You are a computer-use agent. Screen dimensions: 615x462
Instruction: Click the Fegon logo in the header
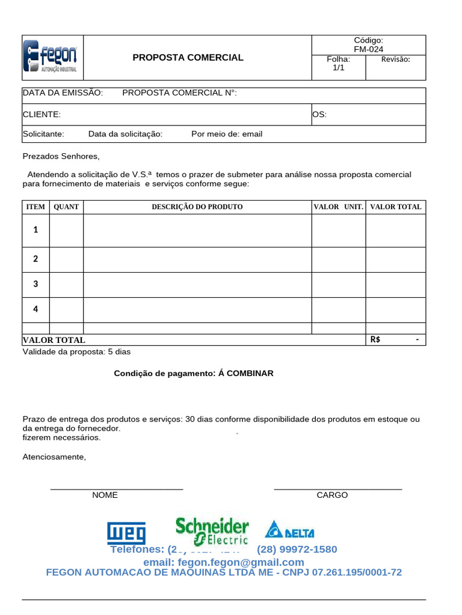[51, 58]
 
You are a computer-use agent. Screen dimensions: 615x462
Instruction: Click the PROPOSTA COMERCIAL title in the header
[188, 58]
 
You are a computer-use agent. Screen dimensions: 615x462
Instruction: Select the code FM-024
[368, 49]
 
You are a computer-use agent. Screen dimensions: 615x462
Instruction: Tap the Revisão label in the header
[396, 59]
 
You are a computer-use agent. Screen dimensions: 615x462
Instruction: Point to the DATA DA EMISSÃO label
[63, 92]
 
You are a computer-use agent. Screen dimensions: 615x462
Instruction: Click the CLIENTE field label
[42, 114]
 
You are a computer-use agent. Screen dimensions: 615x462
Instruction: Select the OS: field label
[319, 114]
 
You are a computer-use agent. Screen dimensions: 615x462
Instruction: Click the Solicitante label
[43, 134]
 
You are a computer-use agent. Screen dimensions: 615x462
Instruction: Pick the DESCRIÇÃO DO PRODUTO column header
[197, 207]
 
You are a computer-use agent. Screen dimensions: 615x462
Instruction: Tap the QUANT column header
[66, 207]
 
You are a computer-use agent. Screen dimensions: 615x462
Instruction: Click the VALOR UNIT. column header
[338, 207]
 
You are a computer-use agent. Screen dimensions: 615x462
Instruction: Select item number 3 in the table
[35, 283]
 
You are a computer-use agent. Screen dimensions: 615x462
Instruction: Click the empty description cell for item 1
[197, 230]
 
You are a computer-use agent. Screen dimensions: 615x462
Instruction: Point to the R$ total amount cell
[395, 340]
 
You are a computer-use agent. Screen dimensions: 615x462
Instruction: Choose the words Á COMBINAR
[245, 374]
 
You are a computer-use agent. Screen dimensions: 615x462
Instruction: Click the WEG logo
[126, 533]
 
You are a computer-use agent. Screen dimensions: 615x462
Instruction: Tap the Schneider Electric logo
[212, 531]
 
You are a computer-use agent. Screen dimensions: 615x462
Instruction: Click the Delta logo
[289, 530]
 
